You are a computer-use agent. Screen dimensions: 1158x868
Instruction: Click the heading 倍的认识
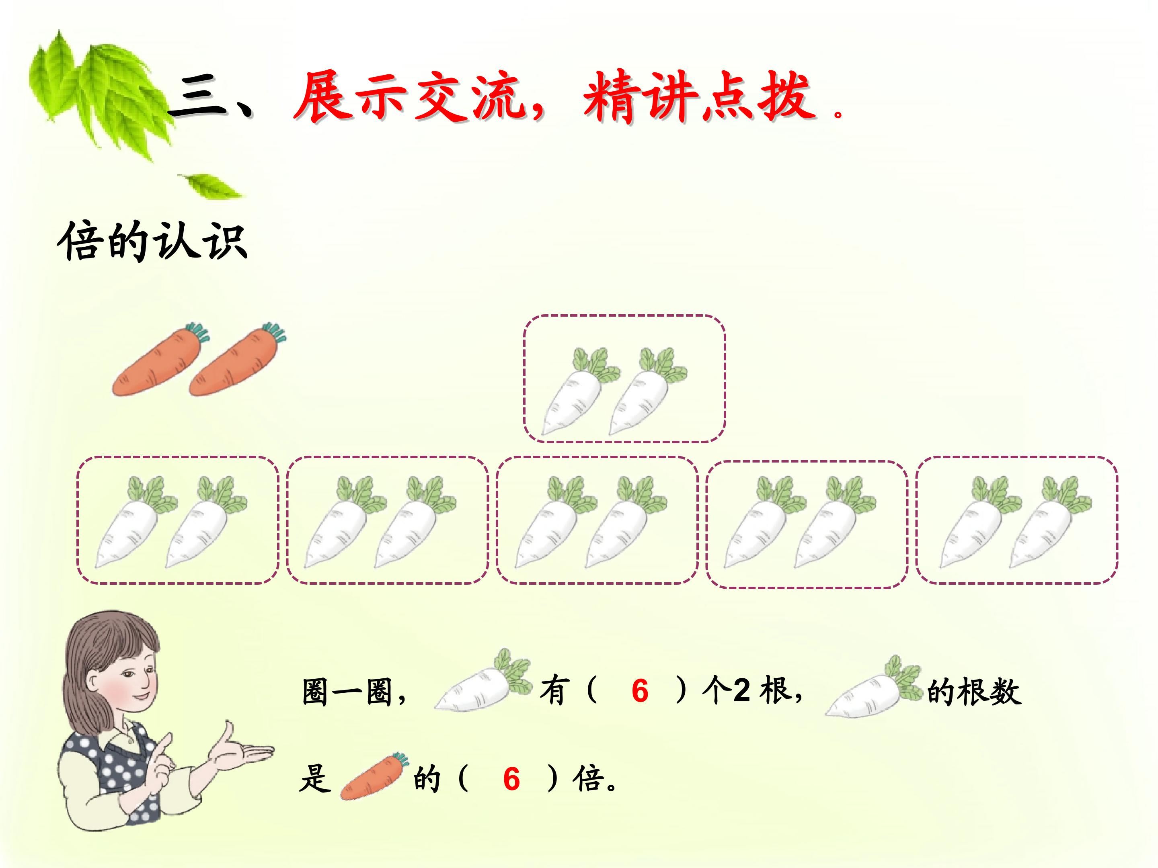(x=152, y=242)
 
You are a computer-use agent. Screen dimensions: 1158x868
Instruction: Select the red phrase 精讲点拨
(x=700, y=97)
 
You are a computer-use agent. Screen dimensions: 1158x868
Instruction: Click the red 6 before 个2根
(x=640, y=691)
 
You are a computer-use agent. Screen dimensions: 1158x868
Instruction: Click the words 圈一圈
(x=347, y=691)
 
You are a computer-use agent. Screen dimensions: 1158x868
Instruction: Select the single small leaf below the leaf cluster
(x=211, y=186)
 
